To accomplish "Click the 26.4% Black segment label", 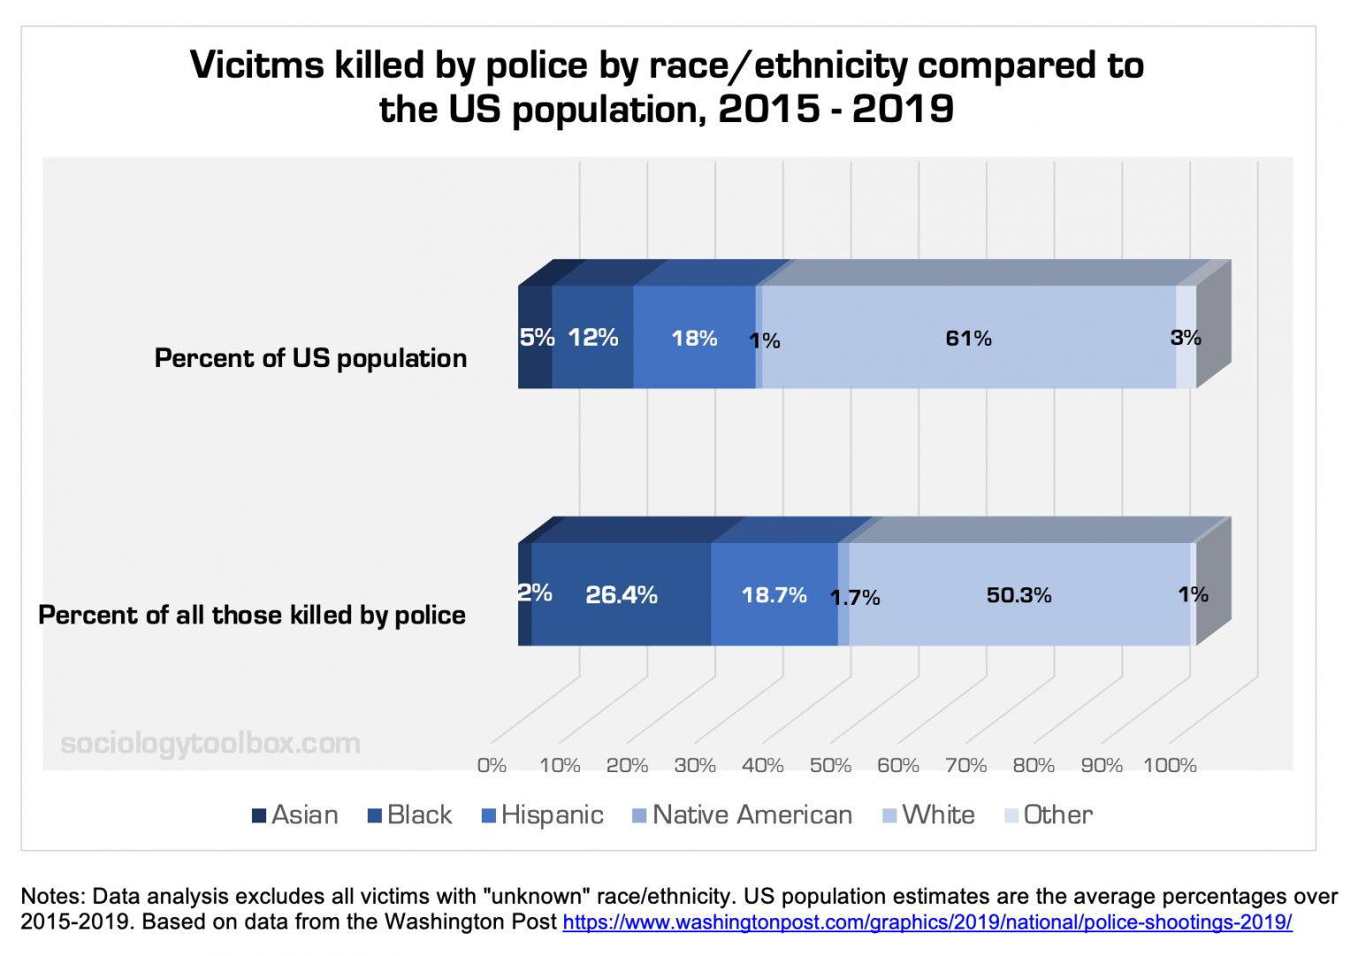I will coord(621,595).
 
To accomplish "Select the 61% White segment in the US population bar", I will coord(968,339).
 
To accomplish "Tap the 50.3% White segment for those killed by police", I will coord(1018,595).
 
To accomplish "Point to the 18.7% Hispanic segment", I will coord(774,595).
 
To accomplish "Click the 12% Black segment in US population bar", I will coord(592,338).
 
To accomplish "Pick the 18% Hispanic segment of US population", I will coord(694,339).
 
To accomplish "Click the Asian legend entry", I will coord(295,815).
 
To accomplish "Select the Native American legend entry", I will coord(743,815).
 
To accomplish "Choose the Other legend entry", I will coord(1049,815).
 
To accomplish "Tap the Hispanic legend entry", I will coord(543,815).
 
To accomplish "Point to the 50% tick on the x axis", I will coord(830,765).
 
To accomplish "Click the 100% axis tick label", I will coord(1170,765).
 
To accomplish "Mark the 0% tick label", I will coord(492,765).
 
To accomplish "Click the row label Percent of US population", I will coord(310,358).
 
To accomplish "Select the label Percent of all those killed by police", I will coord(252,615).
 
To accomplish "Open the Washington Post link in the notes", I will coord(927,922).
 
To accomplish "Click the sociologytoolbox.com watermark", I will coord(210,743).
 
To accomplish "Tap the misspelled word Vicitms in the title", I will coord(257,65).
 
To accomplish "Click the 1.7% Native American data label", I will coord(855,598).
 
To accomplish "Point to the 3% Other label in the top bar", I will coord(1186,338).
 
